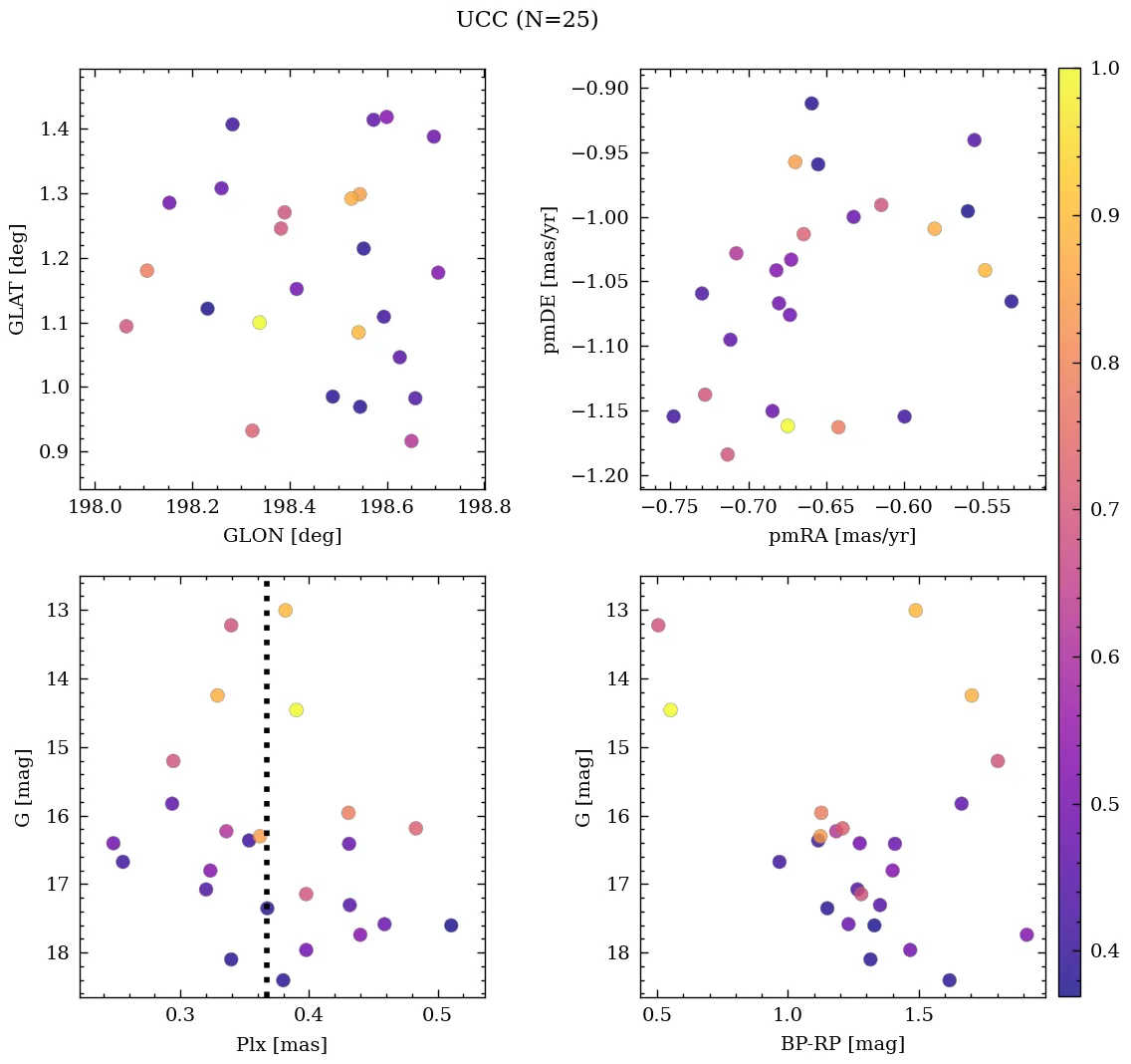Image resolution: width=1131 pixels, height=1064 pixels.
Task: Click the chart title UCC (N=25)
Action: [527, 20]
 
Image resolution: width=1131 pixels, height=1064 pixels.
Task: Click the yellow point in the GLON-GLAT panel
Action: [259, 323]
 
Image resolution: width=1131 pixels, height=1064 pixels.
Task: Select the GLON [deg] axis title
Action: [282, 536]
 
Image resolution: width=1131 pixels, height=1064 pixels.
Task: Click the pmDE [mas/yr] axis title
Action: [550, 280]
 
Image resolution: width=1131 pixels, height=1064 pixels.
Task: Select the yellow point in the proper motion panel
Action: [788, 426]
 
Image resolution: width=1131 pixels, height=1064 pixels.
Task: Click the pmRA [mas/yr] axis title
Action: [842, 536]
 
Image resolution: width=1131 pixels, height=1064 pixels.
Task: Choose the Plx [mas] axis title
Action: [282, 1045]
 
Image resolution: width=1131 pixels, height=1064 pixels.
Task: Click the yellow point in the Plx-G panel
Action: [296, 710]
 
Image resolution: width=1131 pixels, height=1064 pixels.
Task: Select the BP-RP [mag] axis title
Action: [842, 1045]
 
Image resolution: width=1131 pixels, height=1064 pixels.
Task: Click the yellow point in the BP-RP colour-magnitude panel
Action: [670, 710]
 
